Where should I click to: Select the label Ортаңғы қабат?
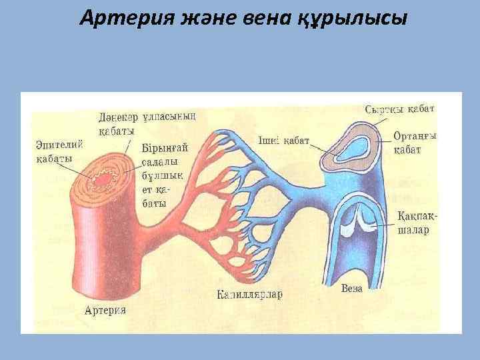coord(415,143)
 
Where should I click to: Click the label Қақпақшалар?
coord(414,223)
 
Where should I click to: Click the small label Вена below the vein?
coord(351,289)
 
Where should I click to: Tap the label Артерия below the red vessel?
coord(106,309)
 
